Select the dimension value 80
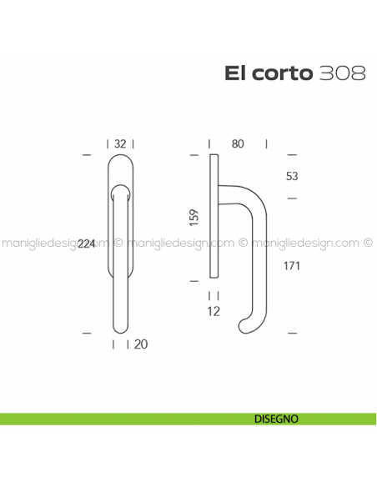pos(238,144)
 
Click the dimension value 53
pos(291,177)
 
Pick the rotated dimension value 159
pos(194,218)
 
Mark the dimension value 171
pos(291,266)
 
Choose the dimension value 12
pos(214,312)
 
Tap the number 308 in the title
pos(341,73)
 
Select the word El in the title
pos(234,73)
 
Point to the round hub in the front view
pos(119,194)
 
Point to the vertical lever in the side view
pos(261,259)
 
